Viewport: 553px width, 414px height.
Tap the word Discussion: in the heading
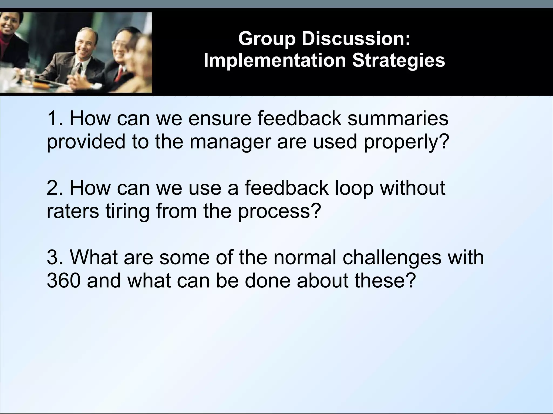click(356, 39)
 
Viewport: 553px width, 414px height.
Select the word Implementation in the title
click(275, 60)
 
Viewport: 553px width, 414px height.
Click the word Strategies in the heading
click(398, 61)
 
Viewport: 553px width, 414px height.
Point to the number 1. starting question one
click(55, 119)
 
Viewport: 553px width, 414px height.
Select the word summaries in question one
click(398, 119)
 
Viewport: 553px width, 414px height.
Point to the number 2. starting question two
click(55, 188)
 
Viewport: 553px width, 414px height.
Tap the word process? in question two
click(279, 211)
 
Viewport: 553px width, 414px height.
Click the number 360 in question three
click(64, 281)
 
